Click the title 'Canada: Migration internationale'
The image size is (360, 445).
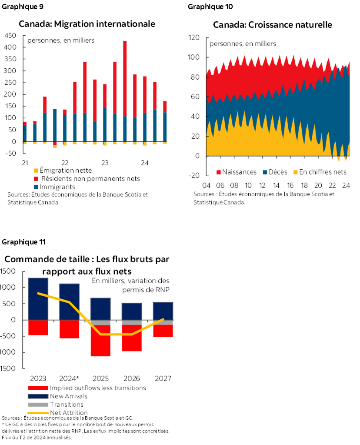click(87, 24)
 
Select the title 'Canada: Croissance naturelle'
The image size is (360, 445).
click(272, 25)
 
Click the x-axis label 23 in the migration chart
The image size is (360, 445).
click(105, 163)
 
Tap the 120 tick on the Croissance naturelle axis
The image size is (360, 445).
click(194, 38)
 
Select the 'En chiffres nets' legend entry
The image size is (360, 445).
click(322, 172)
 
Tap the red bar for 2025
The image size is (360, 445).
click(100, 341)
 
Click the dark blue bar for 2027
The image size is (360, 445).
click(163, 311)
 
